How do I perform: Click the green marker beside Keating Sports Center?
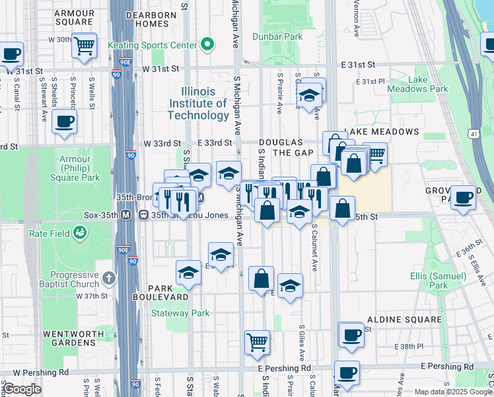(207, 45)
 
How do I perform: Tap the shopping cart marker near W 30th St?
(85, 46)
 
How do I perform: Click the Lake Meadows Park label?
(428, 84)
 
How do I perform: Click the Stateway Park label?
(180, 313)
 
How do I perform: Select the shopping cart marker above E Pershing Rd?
(257, 342)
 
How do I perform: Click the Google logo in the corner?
(21, 389)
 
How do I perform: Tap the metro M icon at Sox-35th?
(143, 215)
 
